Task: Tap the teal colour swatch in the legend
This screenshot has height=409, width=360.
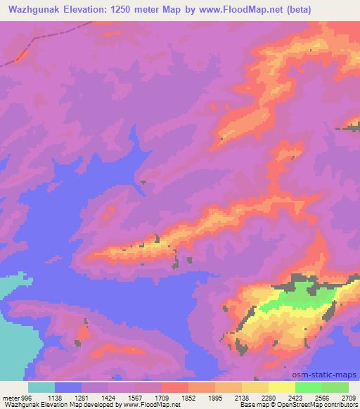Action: pyautogui.click(x=41, y=387)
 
